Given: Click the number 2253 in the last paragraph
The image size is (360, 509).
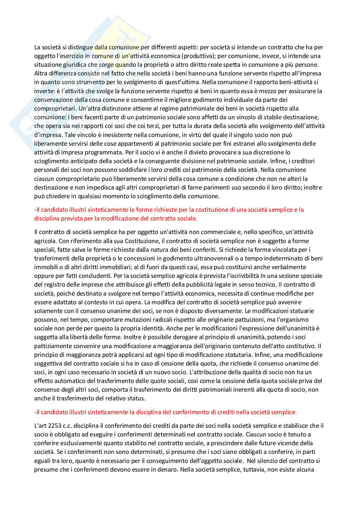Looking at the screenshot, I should click(x=52, y=426).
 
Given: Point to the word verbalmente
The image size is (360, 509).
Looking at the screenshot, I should click(x=291, y=267).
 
